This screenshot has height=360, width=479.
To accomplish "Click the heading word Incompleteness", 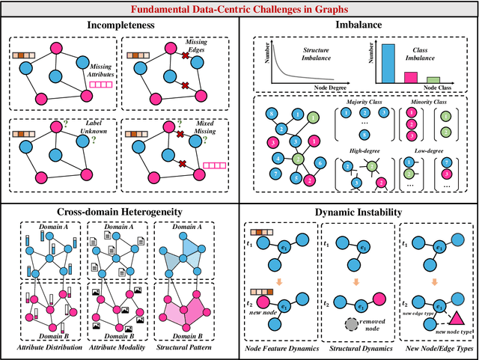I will [x=120, y=25].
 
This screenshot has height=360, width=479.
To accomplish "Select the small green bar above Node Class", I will [x=433, y=79].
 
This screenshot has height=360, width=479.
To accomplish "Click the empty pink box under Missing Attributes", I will [x=100, y=87].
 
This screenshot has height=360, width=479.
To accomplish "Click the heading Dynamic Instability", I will [x=359, y=212].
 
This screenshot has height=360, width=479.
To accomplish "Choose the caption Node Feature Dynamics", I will [x=278, y=350].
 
